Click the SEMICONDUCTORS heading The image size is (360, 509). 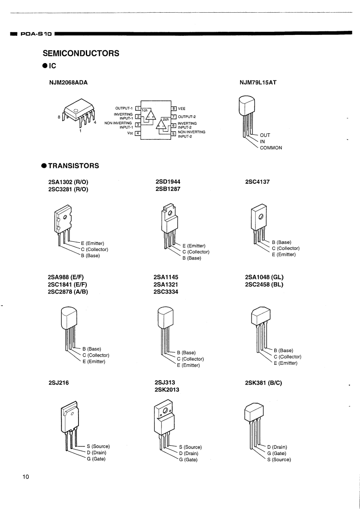coord(81,54)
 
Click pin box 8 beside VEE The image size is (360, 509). coord(174,108)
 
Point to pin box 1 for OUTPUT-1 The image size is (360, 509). coord(138,108)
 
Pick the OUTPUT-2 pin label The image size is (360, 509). coord(187,117)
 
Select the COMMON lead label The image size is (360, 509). coord(271,147)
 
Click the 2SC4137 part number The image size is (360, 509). coord(257,182)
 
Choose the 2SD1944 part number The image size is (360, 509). coord(168,182)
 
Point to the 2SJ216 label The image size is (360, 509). coord(59,383)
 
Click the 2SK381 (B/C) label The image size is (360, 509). coord(263,383)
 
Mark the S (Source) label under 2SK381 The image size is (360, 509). coord(279,460)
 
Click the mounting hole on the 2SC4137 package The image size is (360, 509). coord(261,216)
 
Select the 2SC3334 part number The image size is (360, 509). coord(166,292)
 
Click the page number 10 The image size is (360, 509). coord(25,477)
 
